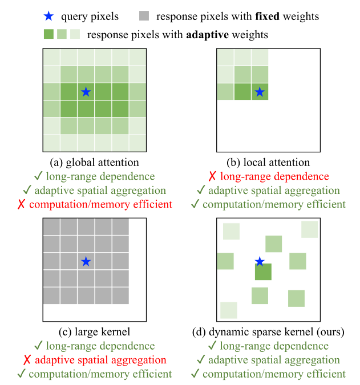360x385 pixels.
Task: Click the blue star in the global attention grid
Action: pyautogui.click(x=86, y=91)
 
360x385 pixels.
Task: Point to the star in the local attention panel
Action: pyautogui.click(x=260, y=91)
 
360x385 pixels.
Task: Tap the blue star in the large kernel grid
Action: pyautogui.click(x=86, y=261)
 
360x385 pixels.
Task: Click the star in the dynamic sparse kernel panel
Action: pyautogui.click(x=260, y=261)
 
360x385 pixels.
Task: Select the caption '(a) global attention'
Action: pyautogui.click(x=95, y=163)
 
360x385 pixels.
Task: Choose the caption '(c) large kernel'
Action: pyautogui.click(x=95, y=331)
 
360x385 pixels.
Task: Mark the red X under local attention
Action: pyautogui.click(x=212, y=177)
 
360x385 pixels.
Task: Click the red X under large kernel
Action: pyautogui.click(x=27, y=360)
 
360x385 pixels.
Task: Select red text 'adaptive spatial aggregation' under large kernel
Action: pyautogui.click(x=100, y=360)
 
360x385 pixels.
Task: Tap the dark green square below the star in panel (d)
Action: pyautogui.click(x=263, y=271)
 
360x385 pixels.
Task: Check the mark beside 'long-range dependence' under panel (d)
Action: pyautogui.click(x=212, y=346)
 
